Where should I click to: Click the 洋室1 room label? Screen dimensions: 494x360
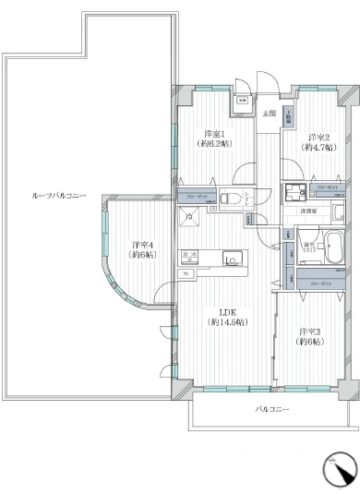[x=213, y=133]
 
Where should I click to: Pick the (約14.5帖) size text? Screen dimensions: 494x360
[x=228, y=322]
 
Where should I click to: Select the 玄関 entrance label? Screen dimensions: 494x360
[x=269, y=113]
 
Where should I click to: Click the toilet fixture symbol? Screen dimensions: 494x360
[x=230, y=198]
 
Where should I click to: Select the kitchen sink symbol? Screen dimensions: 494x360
[x=229, y=259]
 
